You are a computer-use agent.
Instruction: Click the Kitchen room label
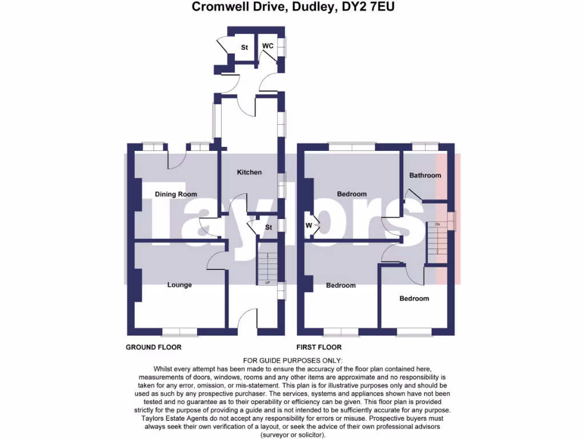[249, 172]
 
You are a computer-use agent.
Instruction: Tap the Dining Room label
[176, 194]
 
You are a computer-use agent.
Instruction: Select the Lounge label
[179, 285]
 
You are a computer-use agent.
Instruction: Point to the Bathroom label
[425, 175]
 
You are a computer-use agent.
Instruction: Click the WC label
[267, 46]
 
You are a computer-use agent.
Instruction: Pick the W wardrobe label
[308, 225]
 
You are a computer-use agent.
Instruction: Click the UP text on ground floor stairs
[267, 283]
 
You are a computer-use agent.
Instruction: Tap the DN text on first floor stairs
[438, 224]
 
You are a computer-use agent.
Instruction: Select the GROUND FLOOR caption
[154, 347]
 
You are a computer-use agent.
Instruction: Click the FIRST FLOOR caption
[319, 347]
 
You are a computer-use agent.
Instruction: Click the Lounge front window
[179, 331]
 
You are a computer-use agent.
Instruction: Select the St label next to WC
[244, 47]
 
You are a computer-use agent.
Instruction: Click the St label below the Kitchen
[268, 228]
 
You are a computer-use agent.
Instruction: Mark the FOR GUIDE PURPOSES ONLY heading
[292, 360]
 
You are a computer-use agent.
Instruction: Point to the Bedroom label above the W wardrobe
[352, 194]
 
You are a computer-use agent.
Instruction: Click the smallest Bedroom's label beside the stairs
[414, 298]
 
